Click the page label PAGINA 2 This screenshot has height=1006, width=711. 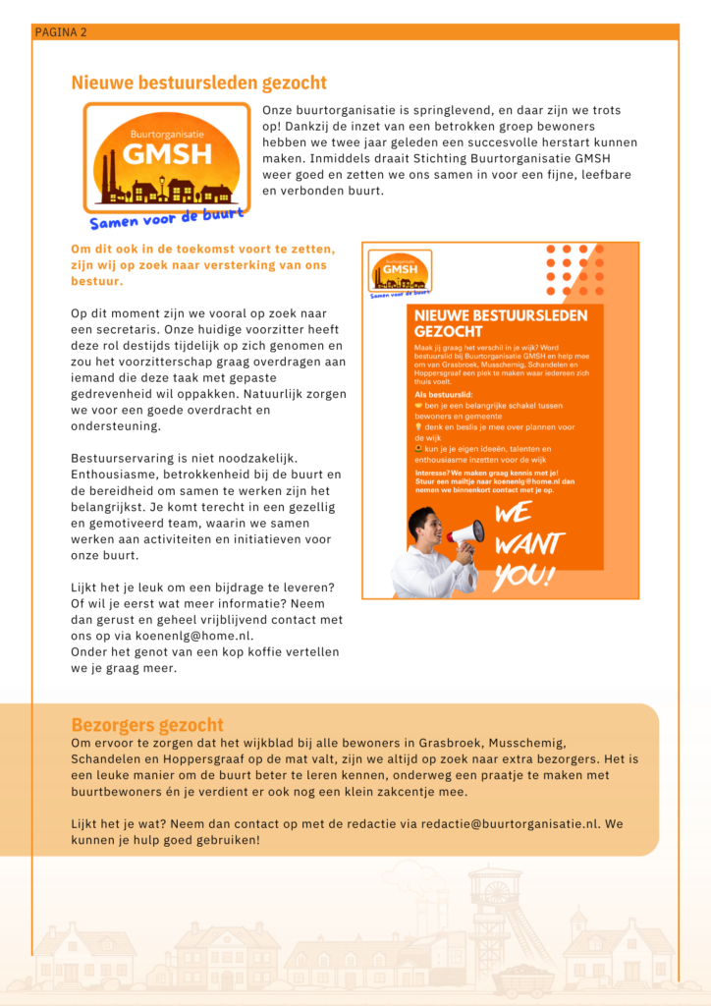tap(61, 32)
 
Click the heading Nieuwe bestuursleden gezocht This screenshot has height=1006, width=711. tap(198, 84)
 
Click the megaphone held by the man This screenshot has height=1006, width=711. tap(465, 534)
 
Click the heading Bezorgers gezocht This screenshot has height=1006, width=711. tap(147, 725)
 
